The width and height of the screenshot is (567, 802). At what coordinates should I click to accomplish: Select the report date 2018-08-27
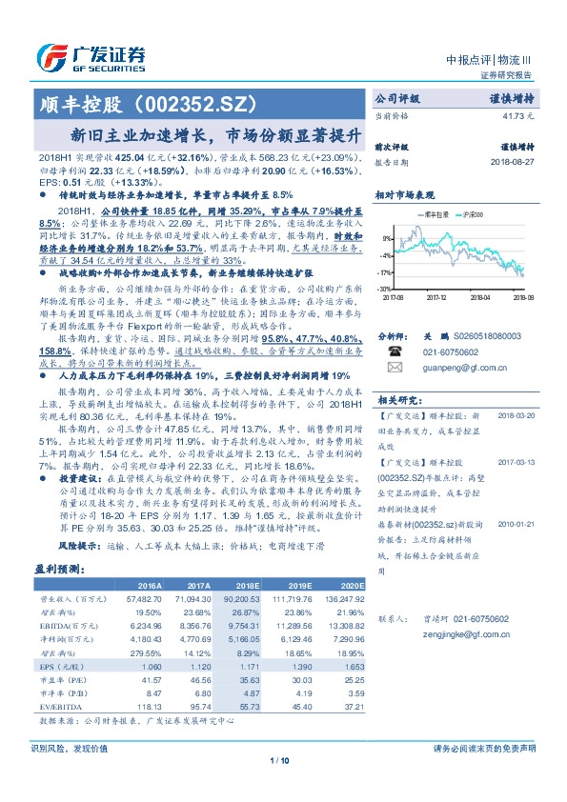click(513, 163)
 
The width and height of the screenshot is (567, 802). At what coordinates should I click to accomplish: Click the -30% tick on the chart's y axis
click(384, 288)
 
